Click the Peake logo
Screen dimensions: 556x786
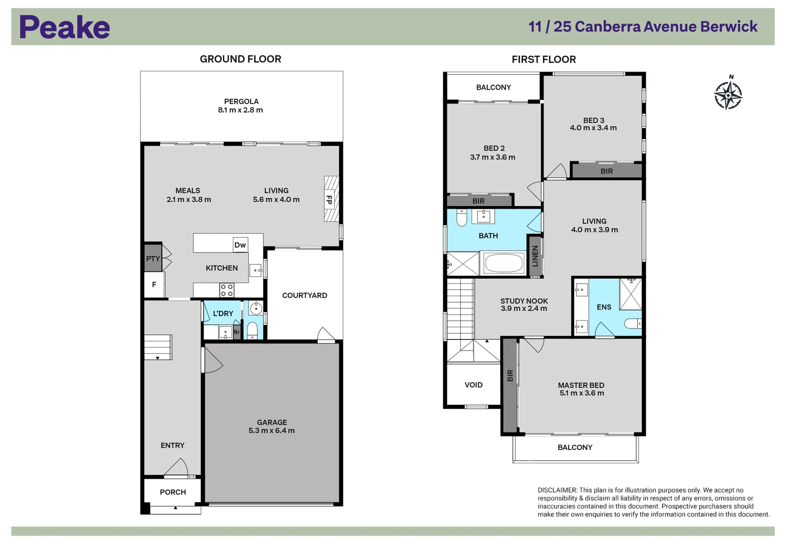(64, 27)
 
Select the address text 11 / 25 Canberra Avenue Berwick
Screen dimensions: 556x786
(643, 27)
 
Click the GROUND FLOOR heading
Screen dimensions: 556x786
(240, 59)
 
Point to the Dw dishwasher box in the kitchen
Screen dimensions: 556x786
(240, 245)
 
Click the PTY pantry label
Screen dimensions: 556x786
(153, 258)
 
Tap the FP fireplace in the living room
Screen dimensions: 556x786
(330, 199)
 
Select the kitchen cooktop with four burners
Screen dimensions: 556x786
(226, 290)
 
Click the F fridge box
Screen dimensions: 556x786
(154, 285)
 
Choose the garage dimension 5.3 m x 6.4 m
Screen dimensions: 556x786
(272, 431)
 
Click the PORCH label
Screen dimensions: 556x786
(173, 492)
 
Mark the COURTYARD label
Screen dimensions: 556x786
(304, 296)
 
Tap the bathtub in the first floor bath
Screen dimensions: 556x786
(504, 263)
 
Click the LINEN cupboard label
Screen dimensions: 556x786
(535, 256)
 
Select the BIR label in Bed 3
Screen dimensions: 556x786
(606, 171)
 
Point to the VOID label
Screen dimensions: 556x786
(474, 385)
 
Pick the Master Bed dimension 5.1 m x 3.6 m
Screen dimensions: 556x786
(582, 393)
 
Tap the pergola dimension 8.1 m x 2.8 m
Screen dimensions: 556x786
(240, 110)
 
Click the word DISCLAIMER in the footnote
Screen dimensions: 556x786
(557, 491)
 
